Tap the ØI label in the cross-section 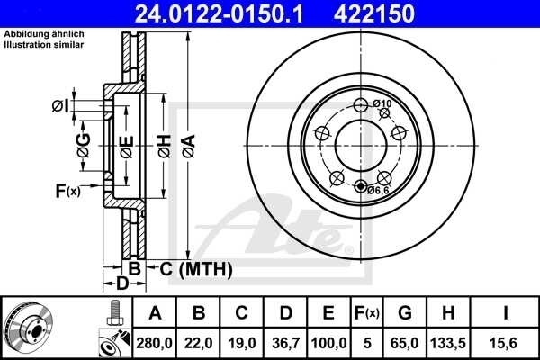(59, 106)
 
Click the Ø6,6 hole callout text (378, 190)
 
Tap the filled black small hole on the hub (362, 187)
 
